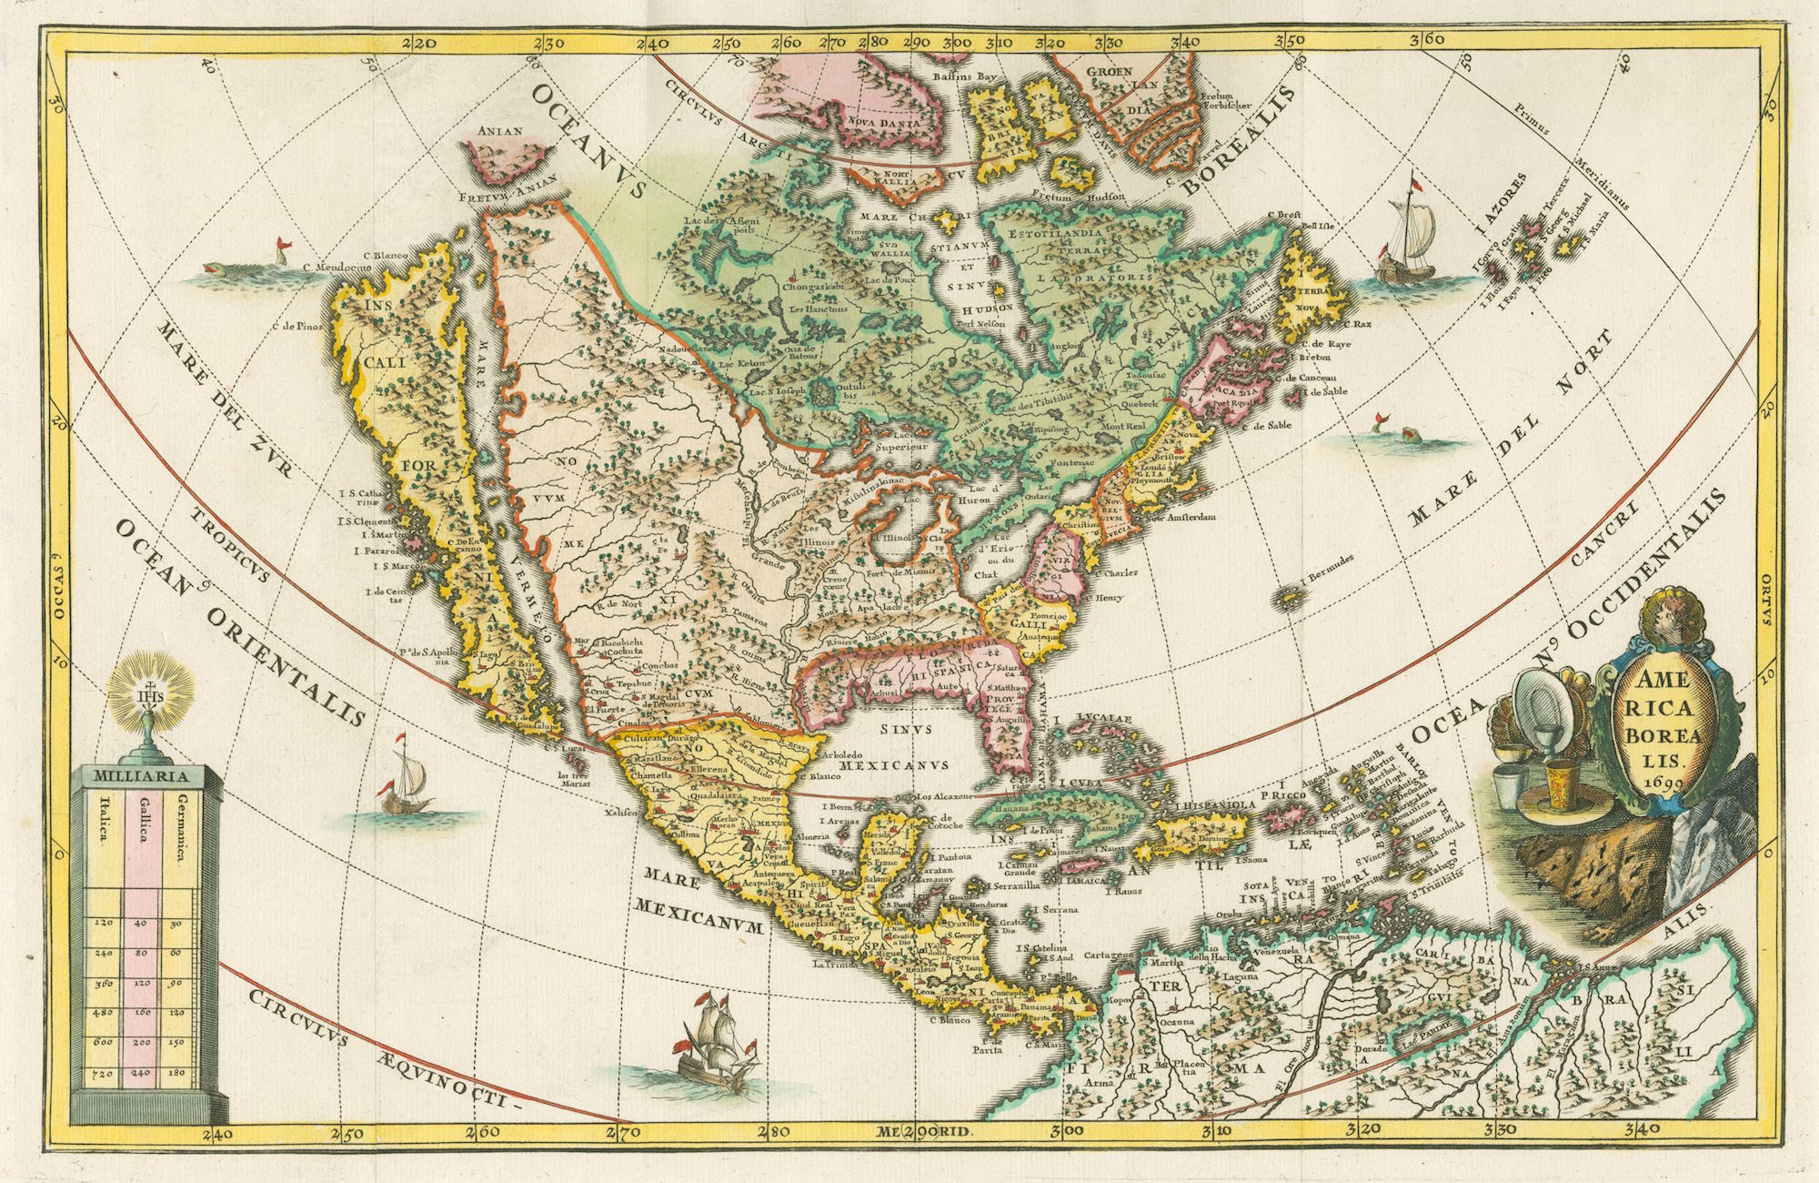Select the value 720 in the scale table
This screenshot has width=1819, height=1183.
103,1074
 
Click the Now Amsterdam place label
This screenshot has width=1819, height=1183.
1180,518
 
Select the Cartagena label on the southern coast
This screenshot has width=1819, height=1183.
1113,956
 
